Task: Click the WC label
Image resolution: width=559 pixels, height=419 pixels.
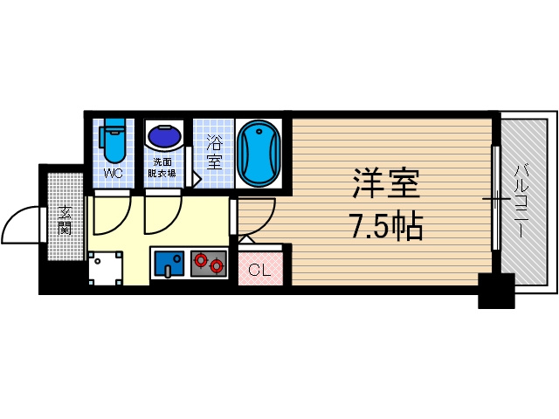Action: tap(114, 174)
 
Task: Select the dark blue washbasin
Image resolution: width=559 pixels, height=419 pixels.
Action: tap(163, 136)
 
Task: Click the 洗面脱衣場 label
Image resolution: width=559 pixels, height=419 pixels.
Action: tap(162, 168)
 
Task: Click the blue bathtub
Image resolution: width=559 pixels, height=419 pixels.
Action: tap(259, 154)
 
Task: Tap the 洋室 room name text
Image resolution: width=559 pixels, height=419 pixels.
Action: tap(386, 183)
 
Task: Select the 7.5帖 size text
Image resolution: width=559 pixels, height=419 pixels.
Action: tap(387, 226)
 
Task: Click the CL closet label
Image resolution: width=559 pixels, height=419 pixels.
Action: tap(259, 270)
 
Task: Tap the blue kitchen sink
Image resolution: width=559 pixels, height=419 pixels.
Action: tap(169, 264)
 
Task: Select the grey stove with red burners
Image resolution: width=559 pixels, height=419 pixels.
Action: tap(209, 264)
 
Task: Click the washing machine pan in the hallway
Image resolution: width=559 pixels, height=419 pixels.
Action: tap(106, 268)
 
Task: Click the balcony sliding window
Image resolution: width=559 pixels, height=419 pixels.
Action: tap(496, 198)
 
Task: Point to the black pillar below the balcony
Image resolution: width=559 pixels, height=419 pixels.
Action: tap(496, 291)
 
